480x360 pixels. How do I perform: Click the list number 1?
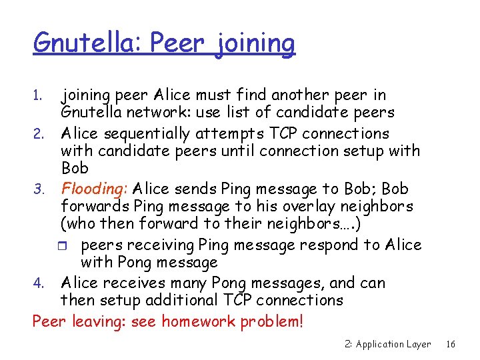coord(37,96)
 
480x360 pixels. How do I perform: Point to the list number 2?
coord(37,134)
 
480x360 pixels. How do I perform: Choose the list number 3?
coord(37,190)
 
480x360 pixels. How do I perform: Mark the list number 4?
coord(37,283)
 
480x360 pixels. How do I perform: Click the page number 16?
coord(451,344)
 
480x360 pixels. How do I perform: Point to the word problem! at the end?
coord(272,322)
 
